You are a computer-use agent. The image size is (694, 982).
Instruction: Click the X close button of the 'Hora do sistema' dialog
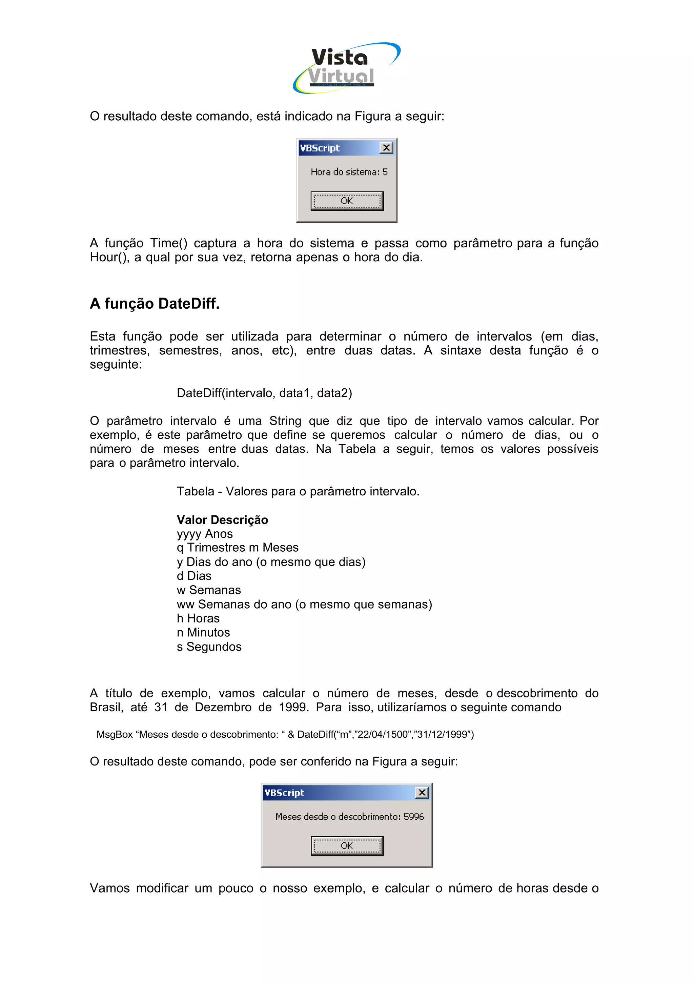pos(386,148)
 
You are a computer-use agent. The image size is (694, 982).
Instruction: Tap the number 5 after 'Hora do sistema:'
pos(385,172)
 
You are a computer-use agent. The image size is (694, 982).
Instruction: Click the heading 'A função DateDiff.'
pos(155,304)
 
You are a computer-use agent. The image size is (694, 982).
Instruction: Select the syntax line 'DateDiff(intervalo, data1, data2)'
pos(264,393)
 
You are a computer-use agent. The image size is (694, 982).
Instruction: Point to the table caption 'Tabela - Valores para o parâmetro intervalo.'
pos(298,491)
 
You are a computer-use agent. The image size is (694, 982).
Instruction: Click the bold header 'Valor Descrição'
pos(222,520)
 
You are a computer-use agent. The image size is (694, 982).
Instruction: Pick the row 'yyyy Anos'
pos(205,534)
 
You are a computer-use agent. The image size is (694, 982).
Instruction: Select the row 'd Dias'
pos(194,576)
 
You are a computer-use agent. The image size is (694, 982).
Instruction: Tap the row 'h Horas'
pos(198,618)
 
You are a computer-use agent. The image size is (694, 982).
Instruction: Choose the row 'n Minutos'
pos(203,633)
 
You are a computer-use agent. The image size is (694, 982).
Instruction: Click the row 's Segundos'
pos(209,647)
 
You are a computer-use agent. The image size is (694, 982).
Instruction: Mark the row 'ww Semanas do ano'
pos(304,604)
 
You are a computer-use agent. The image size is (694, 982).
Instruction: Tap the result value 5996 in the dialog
pos(413,817)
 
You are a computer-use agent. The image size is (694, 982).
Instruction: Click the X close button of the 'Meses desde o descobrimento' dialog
pos(422,793)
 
